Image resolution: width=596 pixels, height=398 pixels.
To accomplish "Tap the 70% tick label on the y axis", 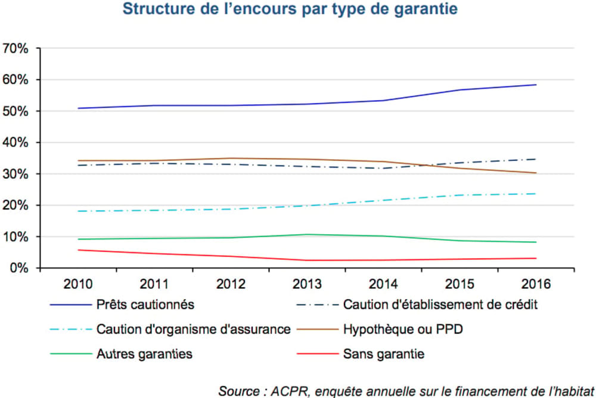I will [x=16, y=49].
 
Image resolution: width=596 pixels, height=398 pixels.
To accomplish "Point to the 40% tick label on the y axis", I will [x=16, y=143].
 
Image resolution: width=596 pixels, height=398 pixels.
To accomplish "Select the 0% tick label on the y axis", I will [x=19, y=269].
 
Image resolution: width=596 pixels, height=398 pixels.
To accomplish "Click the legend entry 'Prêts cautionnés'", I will [x=145, y=305].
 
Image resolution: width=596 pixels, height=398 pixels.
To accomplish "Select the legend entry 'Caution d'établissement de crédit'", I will [x=440, y=305].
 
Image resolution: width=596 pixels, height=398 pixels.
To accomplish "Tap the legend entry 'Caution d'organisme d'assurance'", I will [x=193, y=329].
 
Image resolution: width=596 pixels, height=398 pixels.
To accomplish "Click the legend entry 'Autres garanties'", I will [x=144, y=354].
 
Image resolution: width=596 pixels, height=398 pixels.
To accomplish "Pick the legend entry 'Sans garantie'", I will [x=384, y=354].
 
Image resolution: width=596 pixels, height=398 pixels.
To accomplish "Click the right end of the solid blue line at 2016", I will [x=536, y=85].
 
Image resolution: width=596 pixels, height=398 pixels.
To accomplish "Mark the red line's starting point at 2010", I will [x=79, y=250].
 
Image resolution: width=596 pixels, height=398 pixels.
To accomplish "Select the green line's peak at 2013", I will [x=307, y=234].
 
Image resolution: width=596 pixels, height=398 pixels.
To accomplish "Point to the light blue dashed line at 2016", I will [x=536, y=194].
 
